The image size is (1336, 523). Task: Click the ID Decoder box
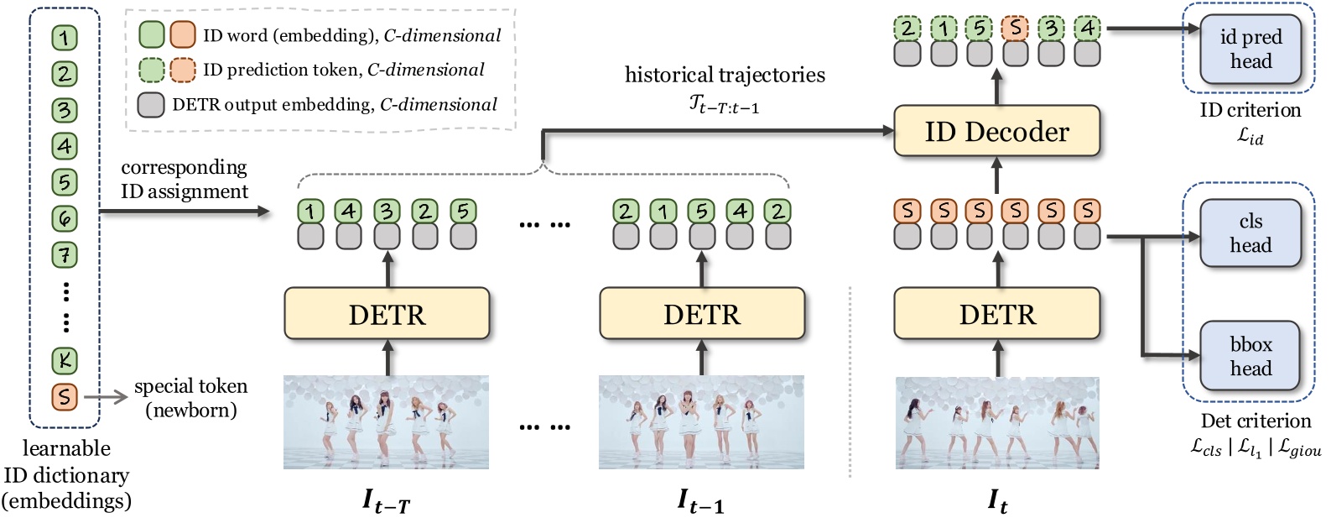(x=996, y=131)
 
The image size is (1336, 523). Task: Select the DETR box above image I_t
(x=997, y=314)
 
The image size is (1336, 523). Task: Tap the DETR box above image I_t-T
(x=387, y=314)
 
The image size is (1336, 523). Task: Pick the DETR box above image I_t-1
(x=702, y=314)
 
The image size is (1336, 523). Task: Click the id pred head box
(x=1250, y=49)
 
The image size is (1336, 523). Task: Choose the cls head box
(x=1250, y=233)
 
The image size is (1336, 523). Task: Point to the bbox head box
(x=1250, y=356)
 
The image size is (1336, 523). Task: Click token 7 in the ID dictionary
(x=65, y=254)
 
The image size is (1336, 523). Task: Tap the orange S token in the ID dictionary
(x=65, y=396)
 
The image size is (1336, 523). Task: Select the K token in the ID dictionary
(x=65, y=361)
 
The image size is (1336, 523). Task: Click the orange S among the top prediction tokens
(x=1015, y=29)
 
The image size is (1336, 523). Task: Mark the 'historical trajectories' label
(x=725, y=76)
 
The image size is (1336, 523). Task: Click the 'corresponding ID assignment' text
(x=185, y=180)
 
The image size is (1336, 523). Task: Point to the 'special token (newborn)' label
(x=190, y=398)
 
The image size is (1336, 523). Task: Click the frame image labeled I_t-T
(x=386, y=422)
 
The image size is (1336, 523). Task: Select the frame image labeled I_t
(x=997, y=422)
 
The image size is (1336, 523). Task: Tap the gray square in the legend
(x=151, y=105)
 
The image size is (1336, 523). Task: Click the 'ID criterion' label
(x=1250, y=111)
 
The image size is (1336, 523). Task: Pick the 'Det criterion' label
(x=1255, y=421)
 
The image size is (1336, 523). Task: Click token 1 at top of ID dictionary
(x=65, y=38)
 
